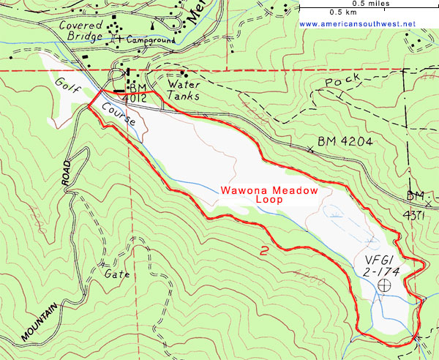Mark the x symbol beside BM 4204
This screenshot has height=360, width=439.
(312, 149)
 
